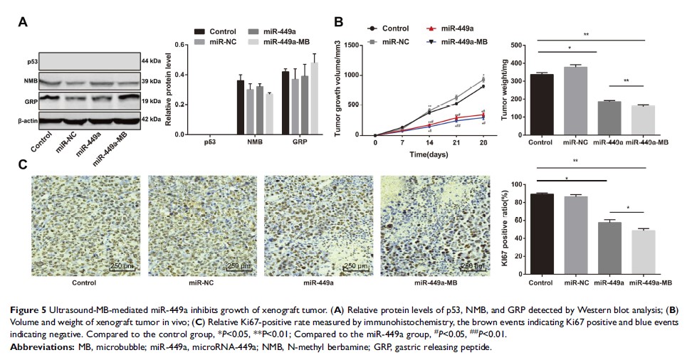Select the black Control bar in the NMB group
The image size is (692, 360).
(x=240, y=107)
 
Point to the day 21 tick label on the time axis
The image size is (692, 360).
(x=456, y=143)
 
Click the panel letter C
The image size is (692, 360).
(x=23, y=164)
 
